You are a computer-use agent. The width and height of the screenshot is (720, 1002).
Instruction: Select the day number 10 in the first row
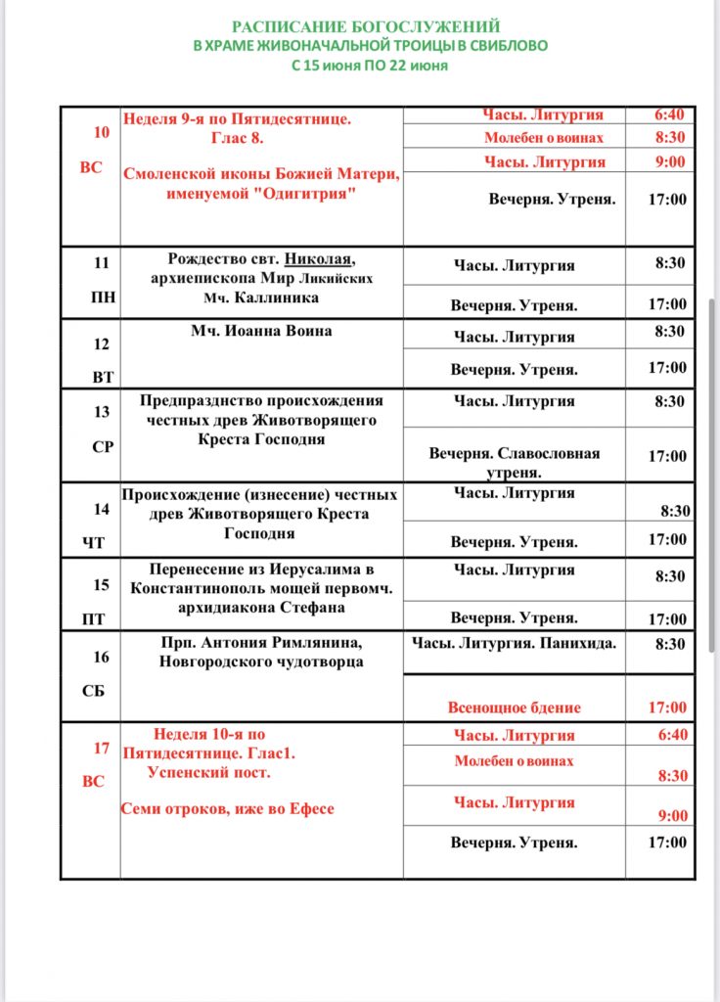[x=102, y=132]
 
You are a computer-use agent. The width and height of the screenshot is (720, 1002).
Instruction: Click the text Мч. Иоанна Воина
[x=261, y=331]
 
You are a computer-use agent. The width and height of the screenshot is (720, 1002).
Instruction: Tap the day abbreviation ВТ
[x=103, y=377]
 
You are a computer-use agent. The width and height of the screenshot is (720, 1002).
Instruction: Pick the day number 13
[x=102, y=412]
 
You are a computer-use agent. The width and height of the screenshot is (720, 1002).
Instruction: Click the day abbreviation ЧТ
[x=94, y=542]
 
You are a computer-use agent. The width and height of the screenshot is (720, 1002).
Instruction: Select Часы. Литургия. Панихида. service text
[x=515, y=643]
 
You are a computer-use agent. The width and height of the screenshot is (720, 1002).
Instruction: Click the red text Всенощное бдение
[x=515, y=707]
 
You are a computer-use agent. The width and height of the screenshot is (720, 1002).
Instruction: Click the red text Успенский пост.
[x=208, y=772]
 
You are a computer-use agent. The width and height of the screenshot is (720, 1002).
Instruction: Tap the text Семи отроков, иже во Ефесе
[x=228, y=808]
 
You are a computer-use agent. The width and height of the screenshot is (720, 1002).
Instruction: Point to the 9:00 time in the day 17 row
[x=672, y=816]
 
